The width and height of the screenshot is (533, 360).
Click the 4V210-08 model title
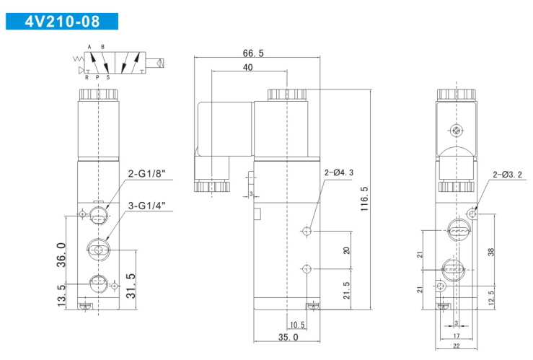pyautogui.click(x=62, y=22)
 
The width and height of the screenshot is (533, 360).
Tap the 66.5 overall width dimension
pyautogui.click(x=253, y=53)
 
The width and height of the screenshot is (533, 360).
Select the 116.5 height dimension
pyautogui.click(x=364, y=199)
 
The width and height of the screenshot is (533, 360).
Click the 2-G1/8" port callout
pyautogui.click(x=146, y=174)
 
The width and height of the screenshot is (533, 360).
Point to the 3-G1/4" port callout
pyautogui.click(x=147, y=206)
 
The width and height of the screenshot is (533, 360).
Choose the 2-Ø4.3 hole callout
pyautogui.click(x=339, y=172)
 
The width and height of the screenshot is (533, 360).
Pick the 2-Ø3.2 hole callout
pyautogui.click(x=507, y=175)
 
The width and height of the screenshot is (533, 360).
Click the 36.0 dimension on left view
pyautogui.click(x=61, y=255)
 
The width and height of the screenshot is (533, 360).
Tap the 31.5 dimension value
pyautogui.click(x=131, y=286)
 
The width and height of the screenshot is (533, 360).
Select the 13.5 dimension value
pyautogui.click(x=61, y=296)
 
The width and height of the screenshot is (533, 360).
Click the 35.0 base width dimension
pyautogui.click(x=288, y=337)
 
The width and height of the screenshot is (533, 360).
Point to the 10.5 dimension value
pyautogui.click(x=297, y=325)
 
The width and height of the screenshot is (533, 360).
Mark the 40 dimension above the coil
pyautogui.click(x=248, y=67)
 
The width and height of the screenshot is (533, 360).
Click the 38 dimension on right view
pyautogui.click(x=491, y=252)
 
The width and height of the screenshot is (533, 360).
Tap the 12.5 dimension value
pyautogui.click(x=491, y=298)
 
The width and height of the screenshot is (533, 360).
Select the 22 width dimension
pyautogui.click(x=456, y=346)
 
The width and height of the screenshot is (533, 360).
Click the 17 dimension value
pyautogui.click(x=457, y=336)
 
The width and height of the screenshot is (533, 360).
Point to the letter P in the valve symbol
pyautogui.click(x=97, y=77)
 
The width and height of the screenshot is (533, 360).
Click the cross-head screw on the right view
pyautogui.click(x=456, y=130)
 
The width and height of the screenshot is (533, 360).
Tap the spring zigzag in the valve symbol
pyautogui.click(x=78, y=59)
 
